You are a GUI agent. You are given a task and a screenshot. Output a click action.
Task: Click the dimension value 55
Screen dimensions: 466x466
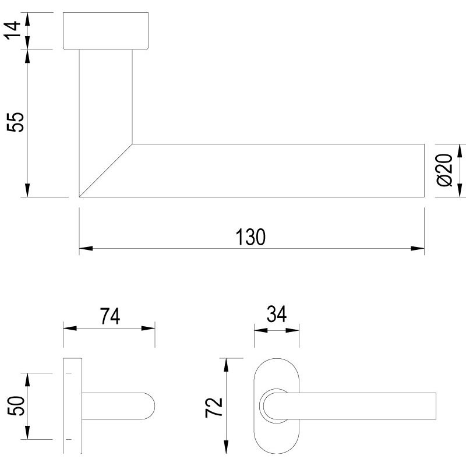17,122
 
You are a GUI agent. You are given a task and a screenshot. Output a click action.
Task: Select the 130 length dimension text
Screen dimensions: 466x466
251,237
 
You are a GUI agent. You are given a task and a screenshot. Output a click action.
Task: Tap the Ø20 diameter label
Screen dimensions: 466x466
444,170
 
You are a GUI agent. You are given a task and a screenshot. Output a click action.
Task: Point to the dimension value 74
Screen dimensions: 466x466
109,316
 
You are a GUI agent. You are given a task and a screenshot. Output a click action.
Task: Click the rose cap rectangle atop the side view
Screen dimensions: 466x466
106,30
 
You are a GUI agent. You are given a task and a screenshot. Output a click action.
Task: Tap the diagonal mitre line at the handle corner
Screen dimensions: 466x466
105,171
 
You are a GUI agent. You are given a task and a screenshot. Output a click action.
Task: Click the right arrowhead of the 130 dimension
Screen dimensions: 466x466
417,249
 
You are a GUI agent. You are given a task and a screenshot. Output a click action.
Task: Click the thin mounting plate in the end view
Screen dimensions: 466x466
72,406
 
